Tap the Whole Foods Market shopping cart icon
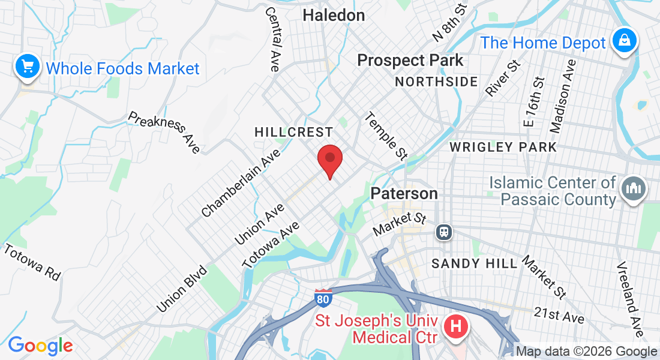click(27, 67)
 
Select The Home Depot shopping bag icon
click(625, 41)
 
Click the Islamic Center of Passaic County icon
click(634, 190)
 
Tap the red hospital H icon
click(456, 328)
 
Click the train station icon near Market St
click(445, 231)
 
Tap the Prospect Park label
click(410, 61)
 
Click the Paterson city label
click(404, 193)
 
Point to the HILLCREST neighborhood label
click(293, 132)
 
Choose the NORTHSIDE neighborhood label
click(436, 82)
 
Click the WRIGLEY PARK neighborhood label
click(503, 147)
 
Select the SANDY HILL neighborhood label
click(474, 263)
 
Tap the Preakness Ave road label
click(164, 132)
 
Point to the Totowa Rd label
click(32, 262)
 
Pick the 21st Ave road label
click(559, 315)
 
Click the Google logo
click(40, 345)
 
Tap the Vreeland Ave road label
click(629, 299)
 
